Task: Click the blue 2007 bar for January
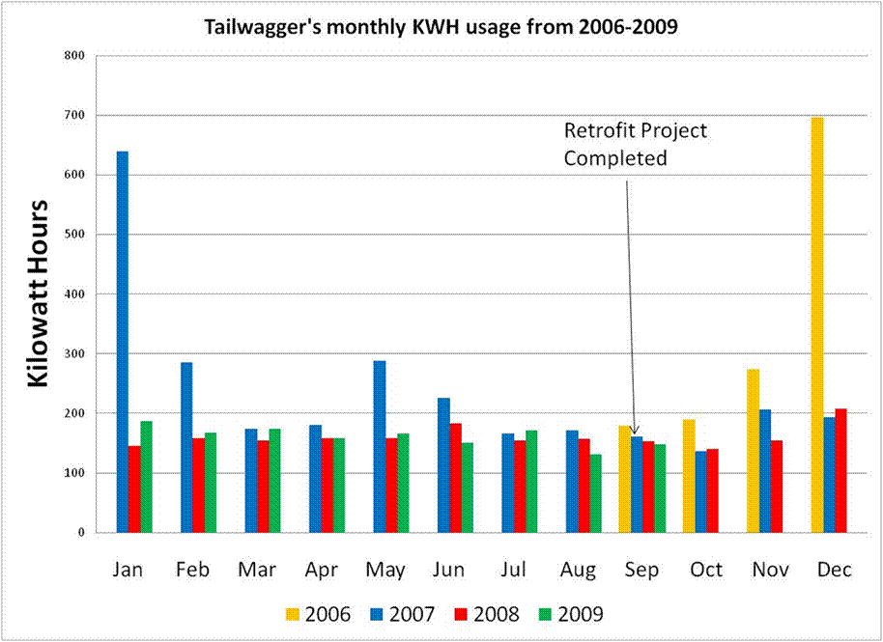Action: click(x=123, y=342)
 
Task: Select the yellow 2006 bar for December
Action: click(x=817, y=324)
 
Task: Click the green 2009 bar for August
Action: click(x=596, y=492)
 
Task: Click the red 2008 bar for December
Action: click(x=840, y=470)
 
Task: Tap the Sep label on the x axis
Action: click(x=641, y=571)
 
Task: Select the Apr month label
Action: click(x=321, y=571)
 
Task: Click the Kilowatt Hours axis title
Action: click(x=38, y=293)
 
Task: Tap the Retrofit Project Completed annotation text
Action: click(x=635, y=144)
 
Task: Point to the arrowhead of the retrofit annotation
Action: click(x=635, y=431)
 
